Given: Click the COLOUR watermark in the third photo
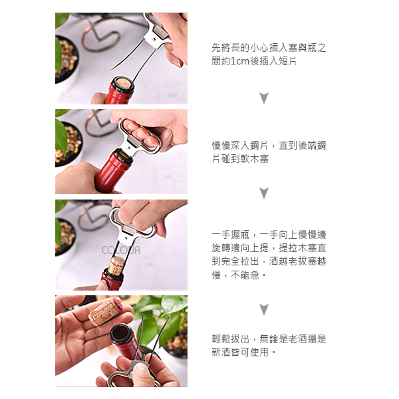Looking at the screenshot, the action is (121, 251).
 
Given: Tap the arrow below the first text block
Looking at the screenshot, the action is (264, 98).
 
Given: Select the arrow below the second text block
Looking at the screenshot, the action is (264, 194).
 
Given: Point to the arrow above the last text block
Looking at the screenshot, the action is (264, 309).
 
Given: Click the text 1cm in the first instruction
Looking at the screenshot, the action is (239, 61).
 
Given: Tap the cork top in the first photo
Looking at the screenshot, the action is (124, 83).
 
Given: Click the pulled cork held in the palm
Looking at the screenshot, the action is (105, 312).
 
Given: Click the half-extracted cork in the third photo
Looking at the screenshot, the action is (116, 266).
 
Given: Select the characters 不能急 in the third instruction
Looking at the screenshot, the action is (245, 275).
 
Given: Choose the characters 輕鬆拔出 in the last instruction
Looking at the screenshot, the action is (231, 339).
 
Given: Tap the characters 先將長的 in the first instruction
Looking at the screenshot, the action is (231, 48).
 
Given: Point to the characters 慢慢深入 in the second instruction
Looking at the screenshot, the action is (231, 146).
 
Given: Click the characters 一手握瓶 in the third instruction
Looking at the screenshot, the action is (231, 235).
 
